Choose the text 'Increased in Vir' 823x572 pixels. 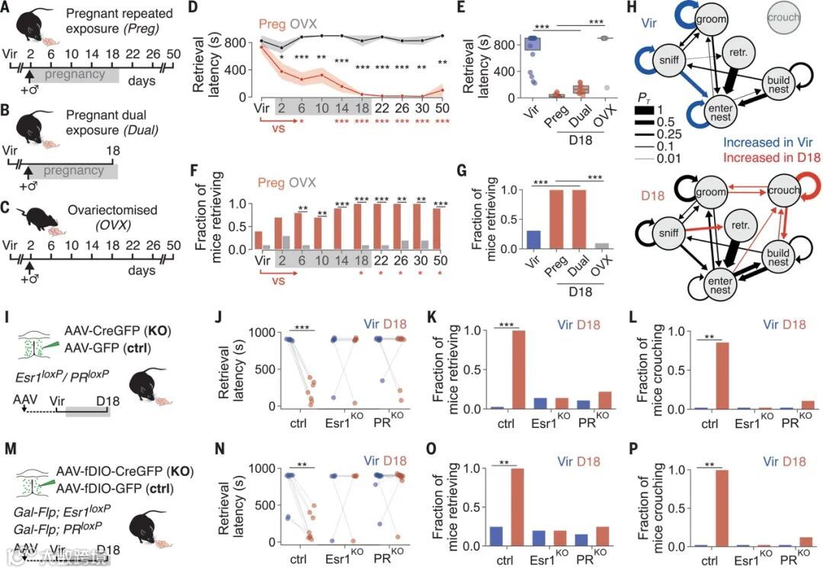pyautogui.click(x=744, y=143)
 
